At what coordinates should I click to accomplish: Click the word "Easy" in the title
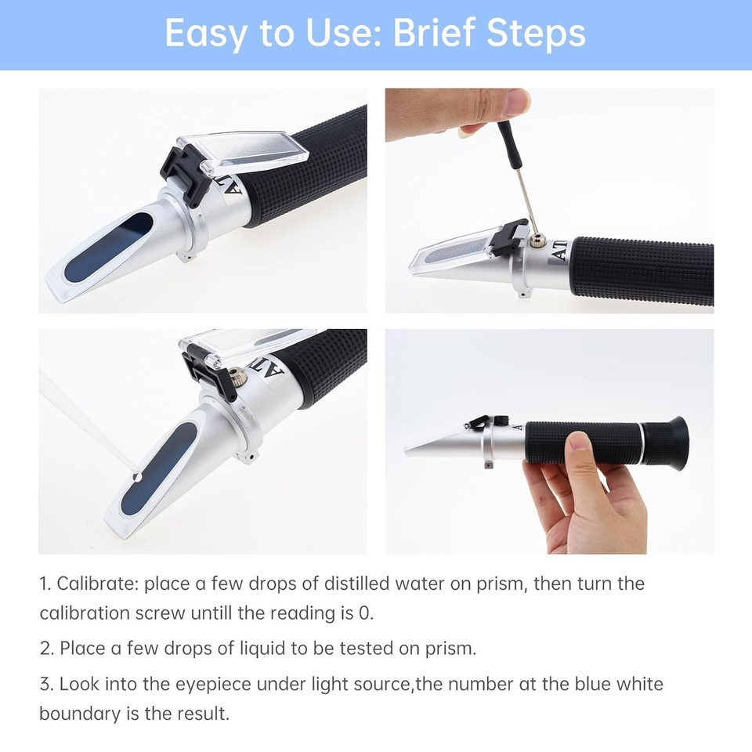point(204,34)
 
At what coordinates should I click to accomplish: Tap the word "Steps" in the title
point(537,34)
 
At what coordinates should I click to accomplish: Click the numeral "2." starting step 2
point(46,649)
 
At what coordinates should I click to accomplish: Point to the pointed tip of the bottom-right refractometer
point(409,450)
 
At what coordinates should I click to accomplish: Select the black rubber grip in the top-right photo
point(642,270)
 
